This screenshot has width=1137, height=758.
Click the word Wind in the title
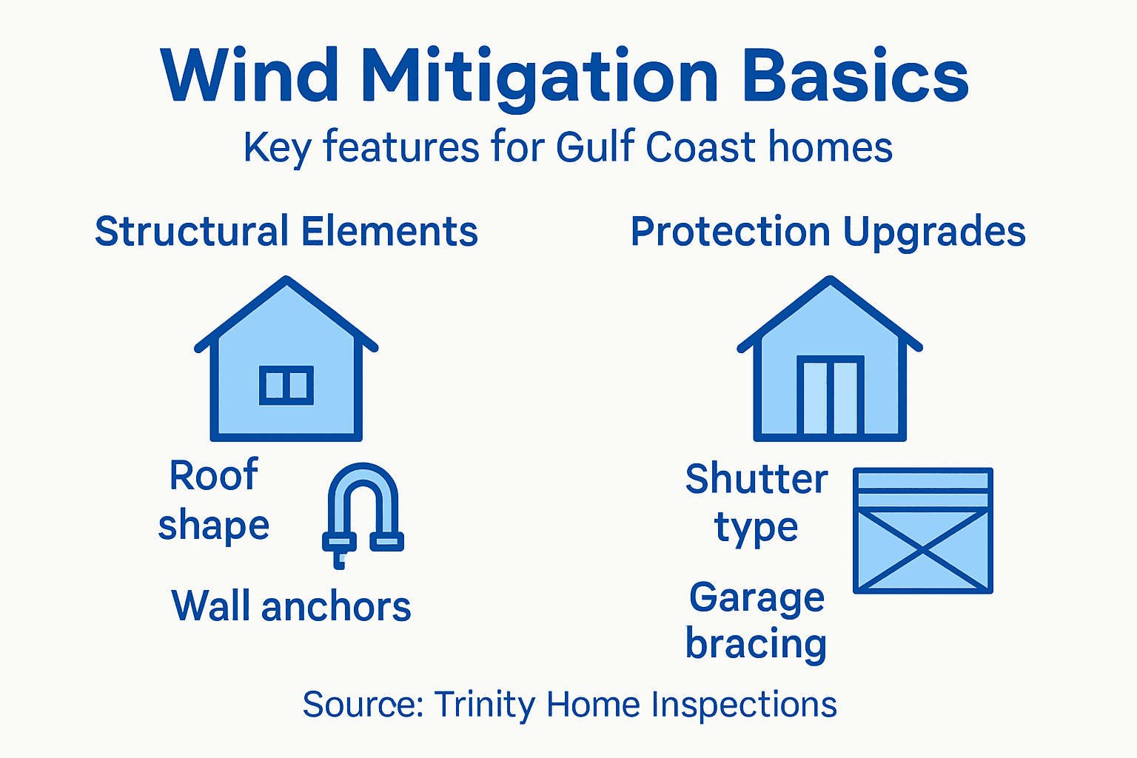point(250,76)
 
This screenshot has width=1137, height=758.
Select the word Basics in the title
point(855,76)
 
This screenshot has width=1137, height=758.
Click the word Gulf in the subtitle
point(597,147)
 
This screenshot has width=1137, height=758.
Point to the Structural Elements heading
point(286,232)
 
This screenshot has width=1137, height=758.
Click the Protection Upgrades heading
point(828,232)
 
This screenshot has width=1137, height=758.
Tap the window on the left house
point(286,385)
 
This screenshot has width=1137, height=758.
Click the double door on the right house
point(830,396)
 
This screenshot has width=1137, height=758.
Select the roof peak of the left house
point(286,281)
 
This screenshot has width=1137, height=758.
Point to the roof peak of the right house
point(830,281)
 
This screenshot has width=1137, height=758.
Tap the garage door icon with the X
point(922,531)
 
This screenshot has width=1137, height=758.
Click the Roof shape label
point(213,500)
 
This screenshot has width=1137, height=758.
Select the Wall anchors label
point(291,606)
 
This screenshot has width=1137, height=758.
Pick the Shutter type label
point(756,503)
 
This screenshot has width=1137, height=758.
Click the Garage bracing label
point(756,620)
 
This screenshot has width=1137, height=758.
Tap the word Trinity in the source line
point(483,704)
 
